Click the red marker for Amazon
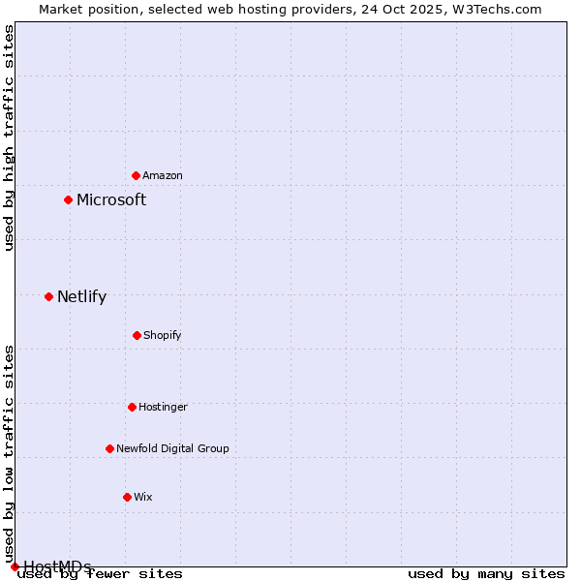(x=136, y=175)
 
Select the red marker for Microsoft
(x=68, y=199)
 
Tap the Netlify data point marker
(x=48, y=296)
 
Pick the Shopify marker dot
(x=137, y=335)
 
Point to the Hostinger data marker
(x=132, y=407)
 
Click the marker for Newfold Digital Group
(x=109, y=448)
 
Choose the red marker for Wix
(x=127, y=497)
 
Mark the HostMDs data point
(x=15, y=566)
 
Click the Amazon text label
(x=163, y=175)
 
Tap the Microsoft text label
(x=111, y=199)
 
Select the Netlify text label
(x=81, y=296)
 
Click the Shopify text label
(x=163, y=335)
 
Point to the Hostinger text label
(x=163, y=407)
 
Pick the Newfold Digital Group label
(x=172, y=448)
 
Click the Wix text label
(x=143, y=497)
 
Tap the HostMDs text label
(x=57, y=566)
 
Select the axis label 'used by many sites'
(x=486, y=573)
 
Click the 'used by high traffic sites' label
(x=10, y=138)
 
